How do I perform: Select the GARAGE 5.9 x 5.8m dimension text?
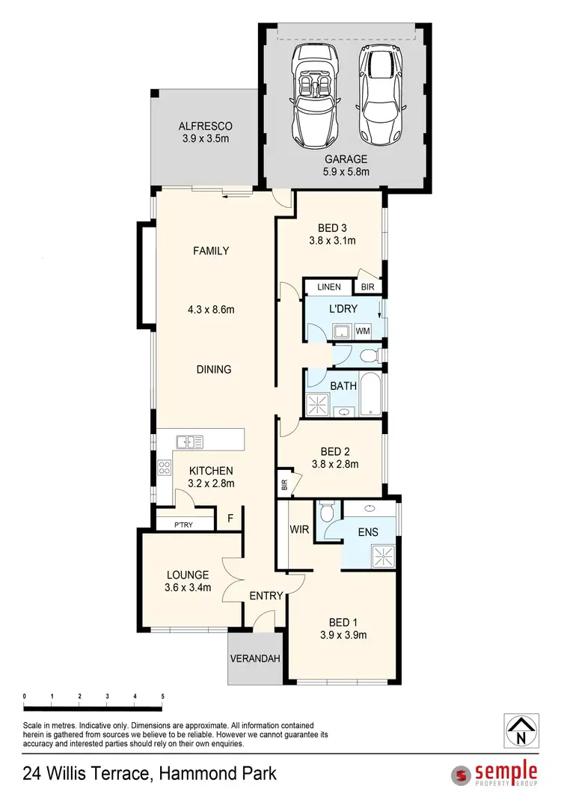point(346,171)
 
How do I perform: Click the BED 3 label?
point(331,228)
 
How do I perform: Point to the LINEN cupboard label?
point(328,287)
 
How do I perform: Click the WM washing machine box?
point(363,330)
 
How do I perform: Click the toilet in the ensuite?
point(325,513)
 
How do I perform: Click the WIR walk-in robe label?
point(299,530)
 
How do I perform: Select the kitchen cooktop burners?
point(164,469)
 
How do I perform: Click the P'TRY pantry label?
point(183,525)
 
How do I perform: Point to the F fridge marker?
point(230,518)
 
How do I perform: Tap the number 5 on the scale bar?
point(162,696)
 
